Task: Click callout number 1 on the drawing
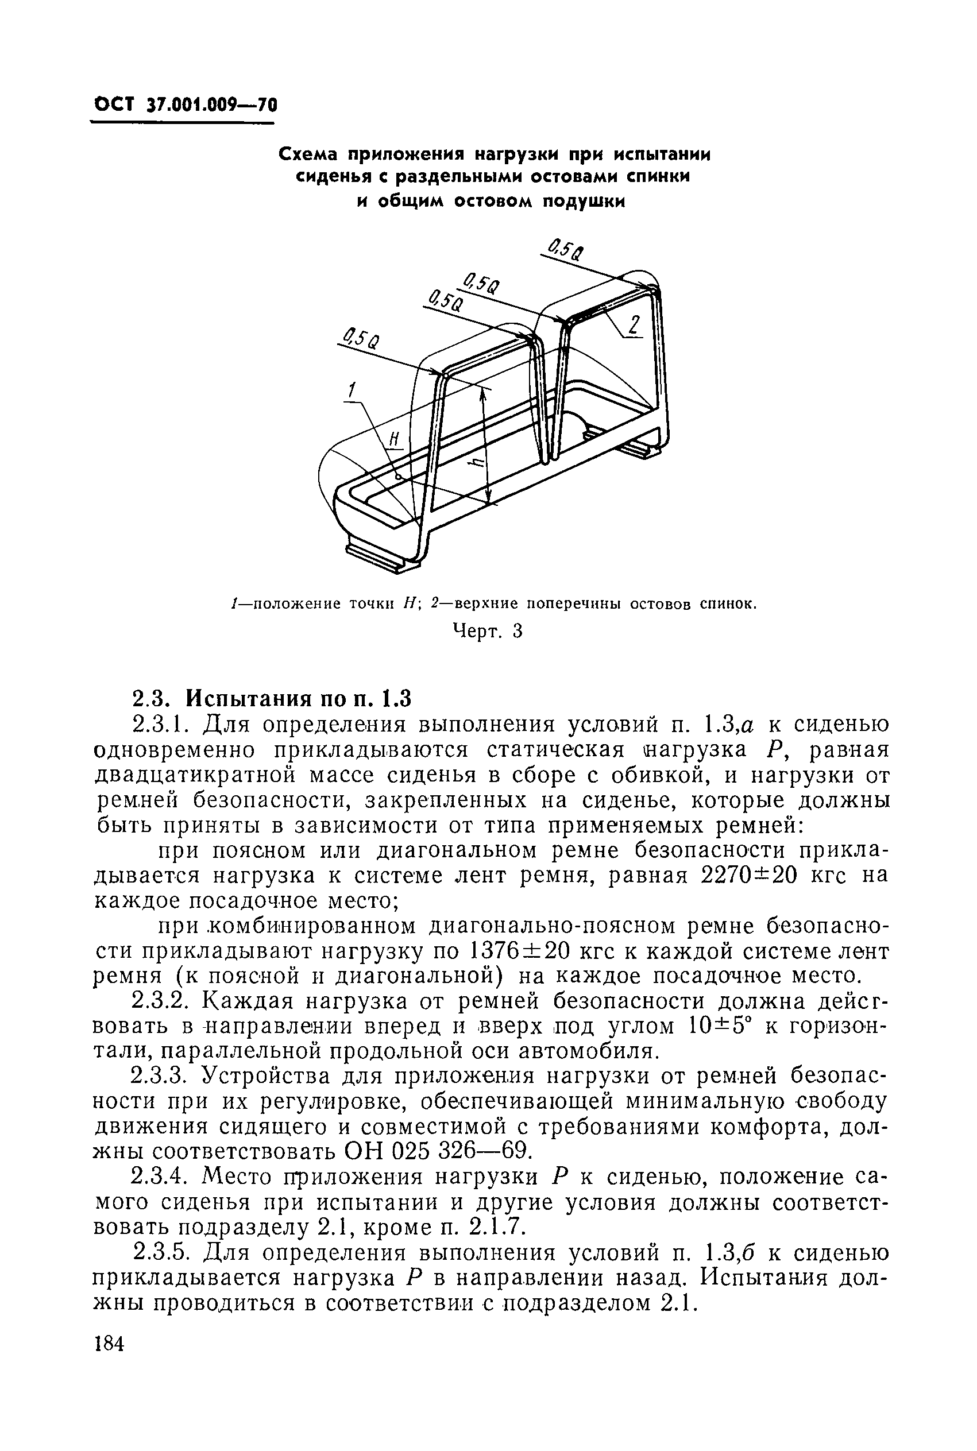pos(352,390)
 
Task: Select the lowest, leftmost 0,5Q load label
pos(361,339)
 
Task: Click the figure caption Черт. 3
pos(486,632)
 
